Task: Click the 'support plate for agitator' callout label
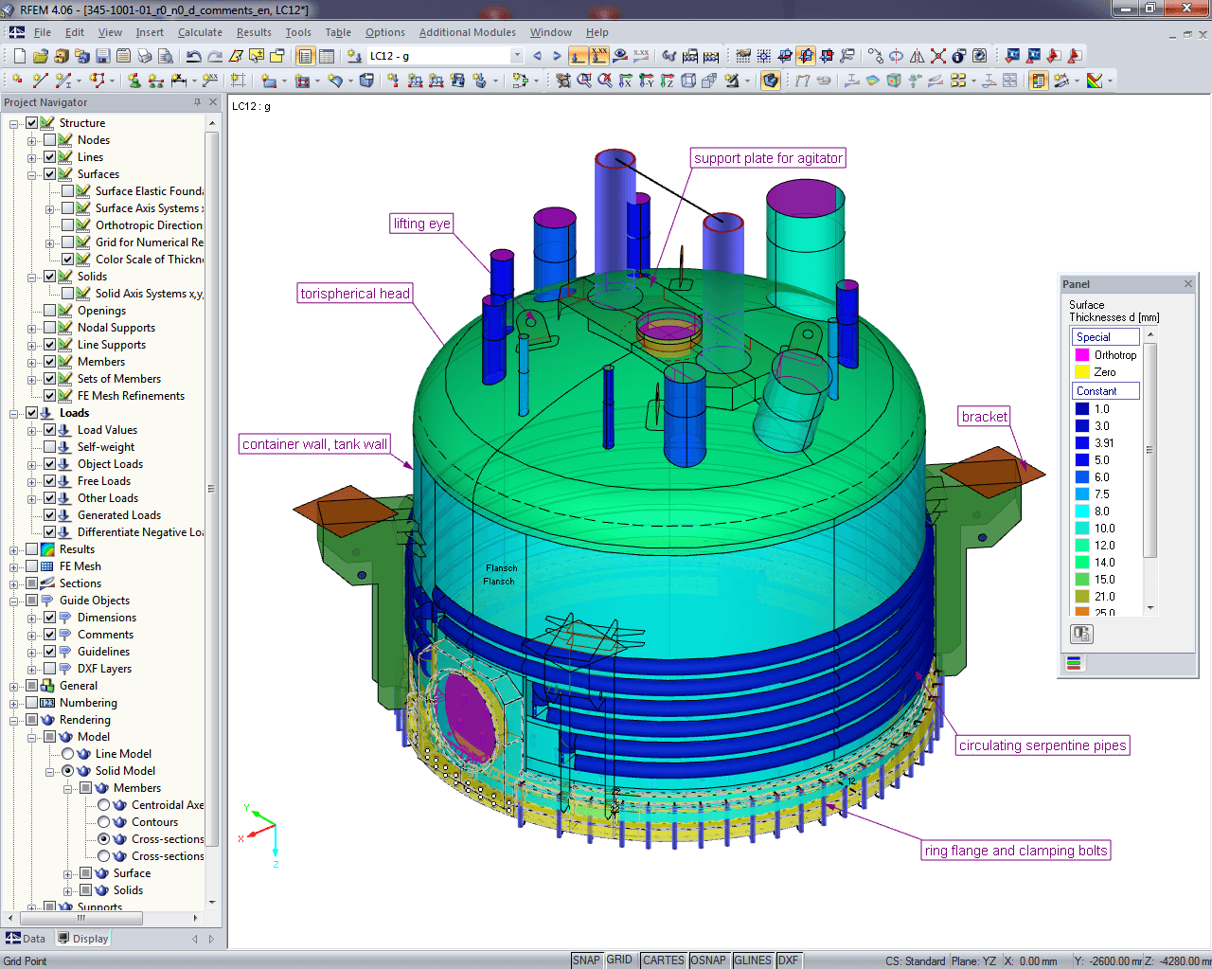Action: [768, 158]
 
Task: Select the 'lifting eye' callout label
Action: [421, 224]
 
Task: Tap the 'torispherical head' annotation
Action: [355, 294]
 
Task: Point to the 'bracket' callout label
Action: [984, 417]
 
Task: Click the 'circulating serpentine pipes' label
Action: [1043, 745]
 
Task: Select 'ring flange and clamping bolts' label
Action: [1015, 851]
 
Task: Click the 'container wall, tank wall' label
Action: [314, 444]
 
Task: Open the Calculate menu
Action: [200, 32]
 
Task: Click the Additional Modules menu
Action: [467, 32]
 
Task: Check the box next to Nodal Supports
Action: [50, 328]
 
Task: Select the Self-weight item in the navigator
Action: [105, 447]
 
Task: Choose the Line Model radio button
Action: [68, 754]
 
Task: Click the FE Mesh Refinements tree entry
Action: [131, 396]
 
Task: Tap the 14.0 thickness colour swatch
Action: [1081, 563]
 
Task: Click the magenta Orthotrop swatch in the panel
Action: [1081, 355]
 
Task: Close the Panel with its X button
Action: [1188, 284]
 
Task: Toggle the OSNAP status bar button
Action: [707, 960]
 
